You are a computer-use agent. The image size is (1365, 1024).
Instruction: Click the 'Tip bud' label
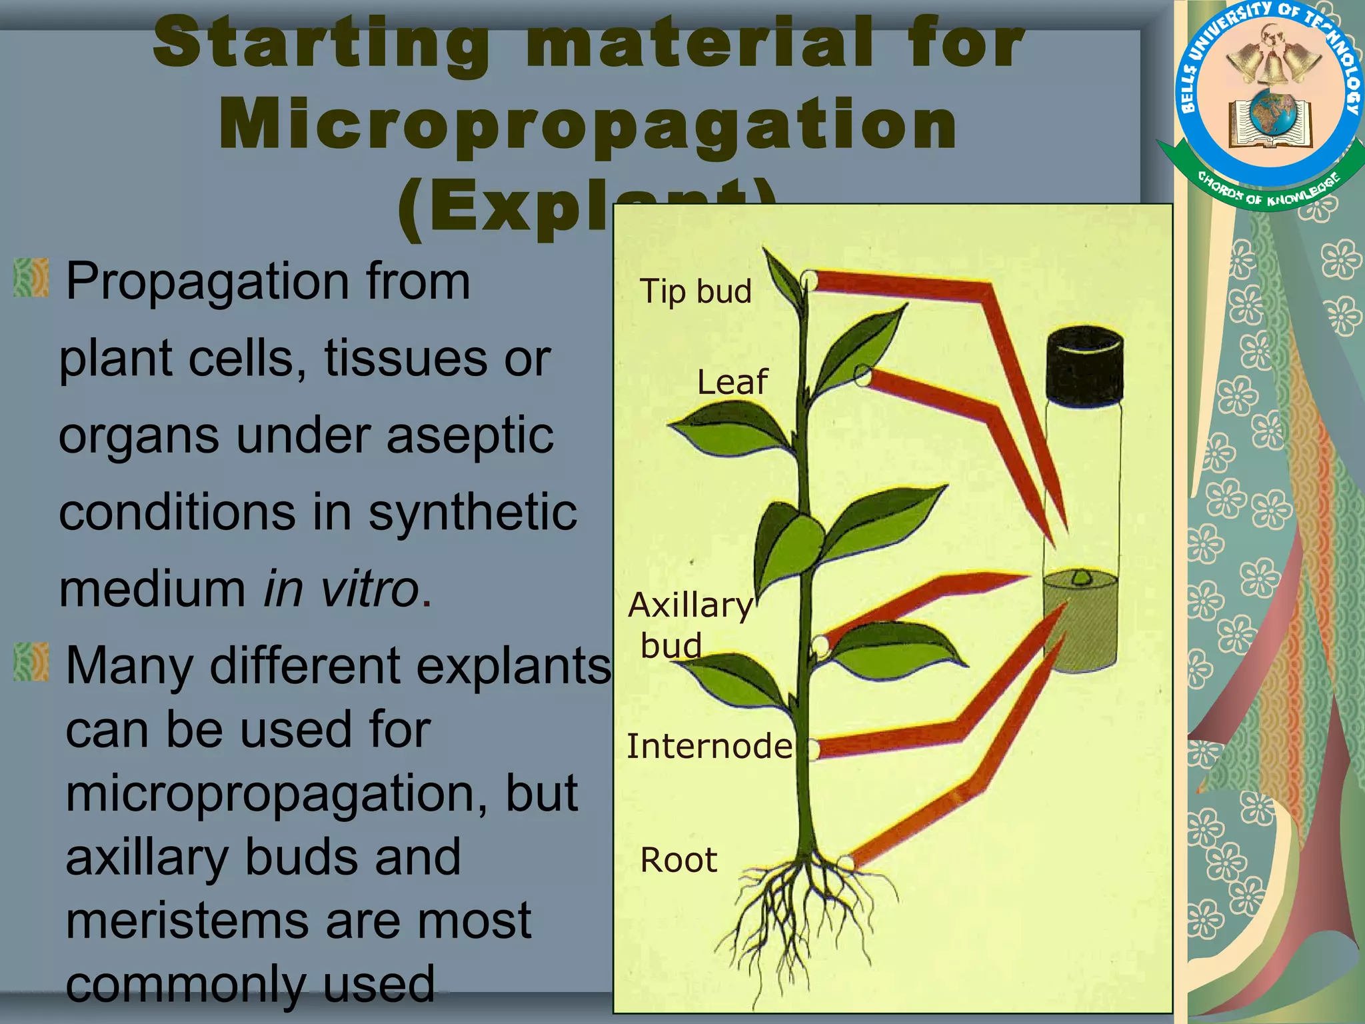(x=695, y=292)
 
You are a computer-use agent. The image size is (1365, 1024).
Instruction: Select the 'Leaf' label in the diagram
(x=732, y=383)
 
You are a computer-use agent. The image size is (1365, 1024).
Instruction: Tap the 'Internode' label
(x=709, y=746)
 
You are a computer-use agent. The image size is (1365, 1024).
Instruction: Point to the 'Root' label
(x=679, y=860)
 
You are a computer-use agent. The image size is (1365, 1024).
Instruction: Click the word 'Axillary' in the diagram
(x=690, y=605)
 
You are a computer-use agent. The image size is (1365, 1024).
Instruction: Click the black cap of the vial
(x=1084, y=365)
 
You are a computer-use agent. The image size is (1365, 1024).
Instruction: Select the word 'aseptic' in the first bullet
(x=470, y=435)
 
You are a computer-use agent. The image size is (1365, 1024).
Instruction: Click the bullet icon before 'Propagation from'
(x=31, y=278)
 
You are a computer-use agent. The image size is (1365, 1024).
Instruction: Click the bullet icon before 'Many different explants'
(x=31, y=661)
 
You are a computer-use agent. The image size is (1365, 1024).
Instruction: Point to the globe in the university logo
(x=1272, y=112)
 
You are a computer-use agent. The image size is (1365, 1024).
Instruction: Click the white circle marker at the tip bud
(x=808, y=279)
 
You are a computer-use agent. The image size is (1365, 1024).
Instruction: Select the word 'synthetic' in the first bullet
(x=473, y=513)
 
